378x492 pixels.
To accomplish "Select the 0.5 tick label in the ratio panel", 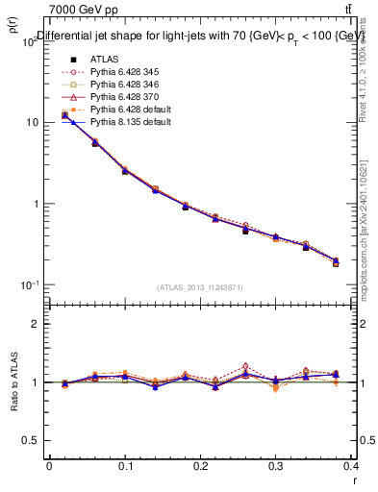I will pos(31,441).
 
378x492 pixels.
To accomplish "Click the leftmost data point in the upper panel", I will pos(64,115).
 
